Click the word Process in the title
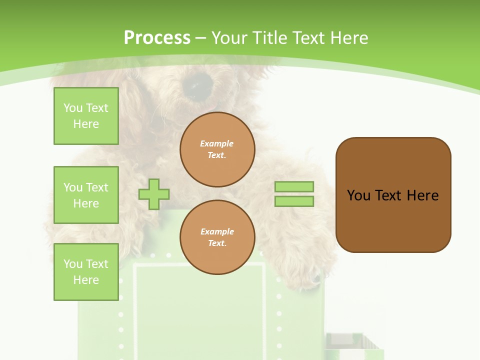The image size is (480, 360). coord(157,37)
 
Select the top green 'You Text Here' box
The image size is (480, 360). coord(86,116)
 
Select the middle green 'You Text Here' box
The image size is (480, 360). coord(86,195)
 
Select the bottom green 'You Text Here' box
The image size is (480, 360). coord(86,272)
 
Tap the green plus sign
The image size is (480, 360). coord(154,194)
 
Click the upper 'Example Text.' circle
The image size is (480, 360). coord(217,149)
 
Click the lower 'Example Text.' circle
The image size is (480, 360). coord(217,237)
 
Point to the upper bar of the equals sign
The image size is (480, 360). coord(294,186)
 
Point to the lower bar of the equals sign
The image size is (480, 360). coord(294,201)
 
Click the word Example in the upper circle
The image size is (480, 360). coord(217,143)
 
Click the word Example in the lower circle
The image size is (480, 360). coord(217,231)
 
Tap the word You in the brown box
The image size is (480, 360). coord(358,195)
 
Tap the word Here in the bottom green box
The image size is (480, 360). coord(86,280)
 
